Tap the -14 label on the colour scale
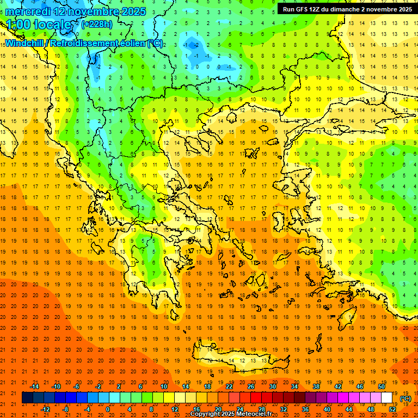coord(34,386)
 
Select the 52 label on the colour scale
coord(392,409)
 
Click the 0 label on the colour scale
coord(107,409)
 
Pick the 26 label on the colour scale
coord(251,386)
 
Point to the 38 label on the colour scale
coord(316,386)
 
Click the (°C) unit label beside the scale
coord(405,398)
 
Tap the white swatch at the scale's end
coord(386,398)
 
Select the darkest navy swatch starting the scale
coord(27,398)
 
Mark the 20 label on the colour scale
coord(218,409)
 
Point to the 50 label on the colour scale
coord(382,386)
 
